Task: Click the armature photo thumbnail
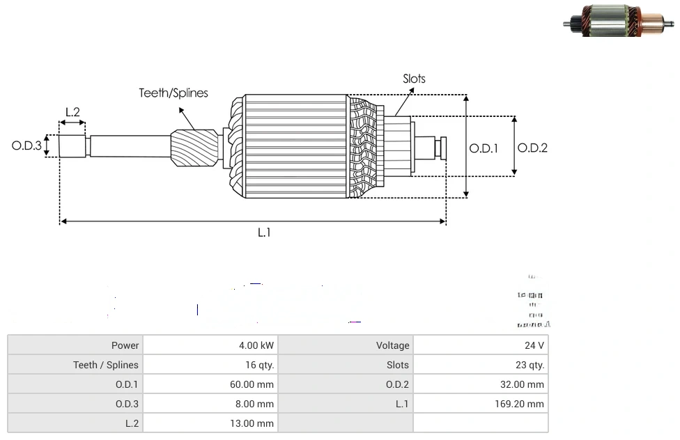point(619,22)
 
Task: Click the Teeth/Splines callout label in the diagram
point(173,93)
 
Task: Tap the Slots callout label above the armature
point(414,79)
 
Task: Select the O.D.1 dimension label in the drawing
point(484,148)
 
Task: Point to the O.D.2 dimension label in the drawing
point(533,148)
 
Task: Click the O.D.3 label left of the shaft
point(26,146)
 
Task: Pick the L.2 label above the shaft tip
point(72,111)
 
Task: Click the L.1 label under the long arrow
point(264,233)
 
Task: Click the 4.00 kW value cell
point(210,345)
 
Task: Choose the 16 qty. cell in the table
point(210,365)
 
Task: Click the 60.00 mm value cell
point(210,384)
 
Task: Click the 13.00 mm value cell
point(210,423)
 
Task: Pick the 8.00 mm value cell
point(210,404)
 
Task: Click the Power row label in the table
point(75,345)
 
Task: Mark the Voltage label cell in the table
point(346,345)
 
